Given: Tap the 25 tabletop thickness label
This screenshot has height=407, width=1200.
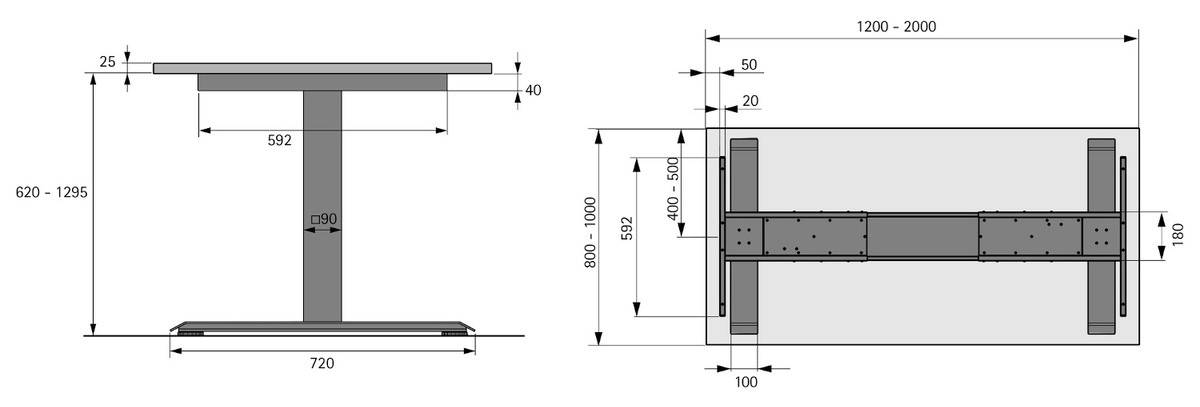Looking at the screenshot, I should pos(108,62).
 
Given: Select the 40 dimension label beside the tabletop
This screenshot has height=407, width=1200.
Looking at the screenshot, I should pos(533,90).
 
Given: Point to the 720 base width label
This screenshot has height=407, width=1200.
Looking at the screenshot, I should pos(321,363).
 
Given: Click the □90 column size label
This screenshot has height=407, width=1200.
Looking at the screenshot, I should pos(323,218).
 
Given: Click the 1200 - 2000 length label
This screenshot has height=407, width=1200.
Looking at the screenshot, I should pos(896,27).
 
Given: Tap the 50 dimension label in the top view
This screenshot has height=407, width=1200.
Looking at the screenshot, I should pos(749,65).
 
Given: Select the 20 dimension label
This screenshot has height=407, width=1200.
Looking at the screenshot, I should pos(749,100).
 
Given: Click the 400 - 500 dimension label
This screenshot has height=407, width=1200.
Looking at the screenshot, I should pos(673,189).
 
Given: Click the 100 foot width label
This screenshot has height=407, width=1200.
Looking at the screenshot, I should pos(746,381).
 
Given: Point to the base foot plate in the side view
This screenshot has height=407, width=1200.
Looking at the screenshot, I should pos(322,326).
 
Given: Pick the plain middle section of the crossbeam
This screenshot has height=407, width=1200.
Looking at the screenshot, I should pos(922,236).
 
